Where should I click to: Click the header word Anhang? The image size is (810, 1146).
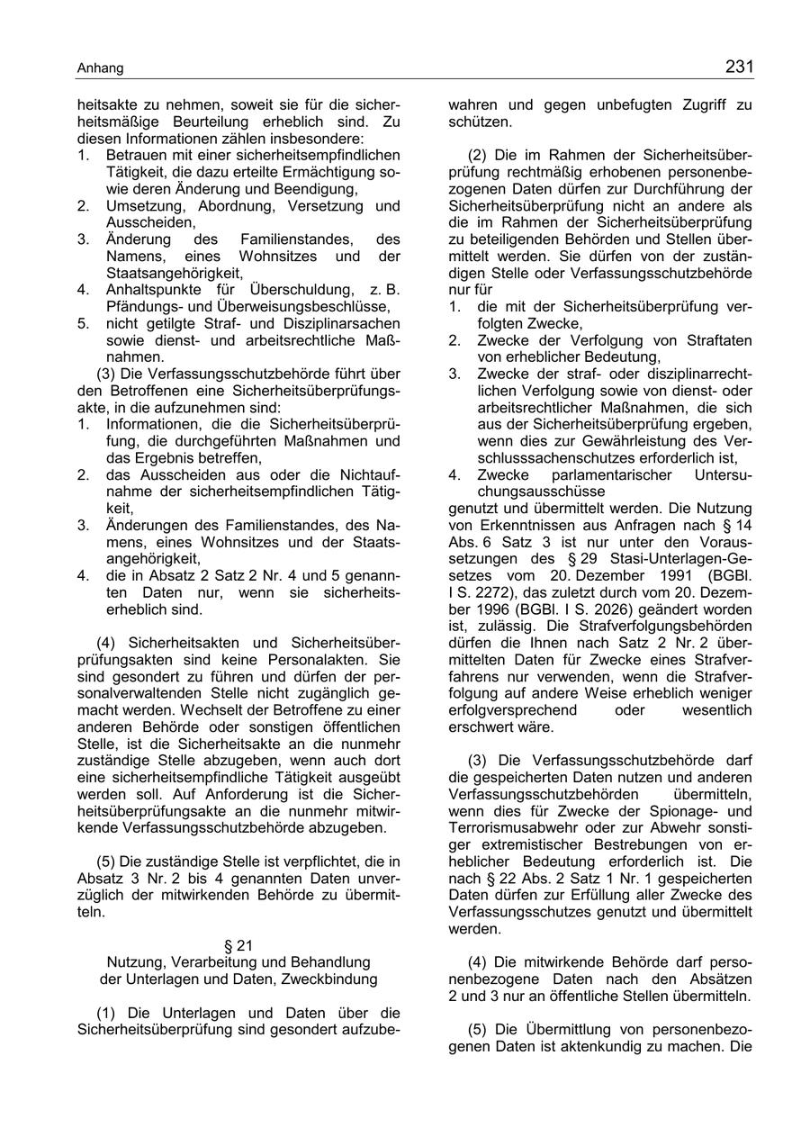click(100, 69)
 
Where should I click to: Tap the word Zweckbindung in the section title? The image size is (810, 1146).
click(334, 979)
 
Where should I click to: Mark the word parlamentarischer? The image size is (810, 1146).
click(597, 474)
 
